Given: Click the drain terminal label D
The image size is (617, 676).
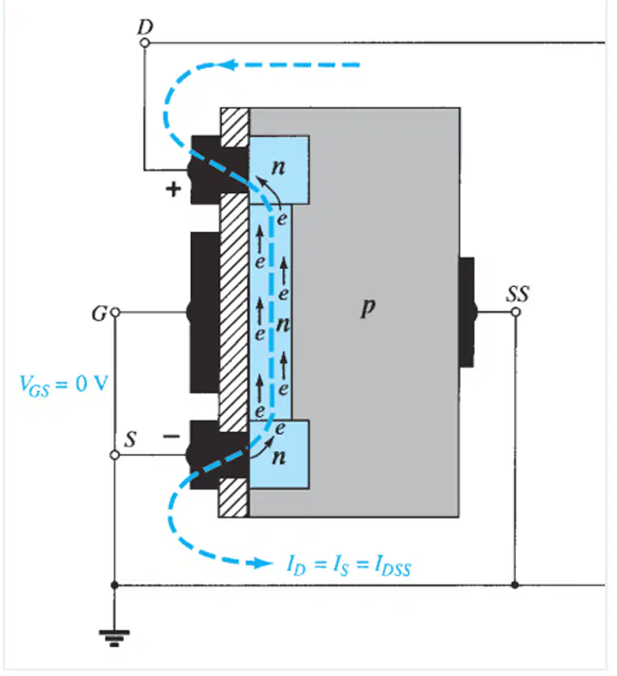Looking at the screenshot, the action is [x=145, y=27].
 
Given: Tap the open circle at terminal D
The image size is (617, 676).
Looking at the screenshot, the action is [x=145, y=43].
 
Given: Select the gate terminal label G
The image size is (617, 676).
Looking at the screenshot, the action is [x=99, y=313].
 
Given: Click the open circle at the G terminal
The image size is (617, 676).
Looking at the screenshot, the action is [x=115, y=312].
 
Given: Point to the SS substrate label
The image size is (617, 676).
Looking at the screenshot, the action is [x=518, y=294].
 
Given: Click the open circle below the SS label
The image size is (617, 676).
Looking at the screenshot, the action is [x=515, y=312].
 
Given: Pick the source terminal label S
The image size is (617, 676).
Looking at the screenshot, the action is [x=130, y=439].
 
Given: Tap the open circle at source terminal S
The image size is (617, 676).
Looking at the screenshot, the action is [x=114, y=455].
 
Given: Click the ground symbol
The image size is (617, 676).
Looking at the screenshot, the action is [x=114, y=638].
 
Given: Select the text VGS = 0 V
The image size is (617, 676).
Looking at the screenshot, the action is [x=64, y=384].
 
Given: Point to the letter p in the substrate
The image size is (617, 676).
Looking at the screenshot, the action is [x=368, y=307].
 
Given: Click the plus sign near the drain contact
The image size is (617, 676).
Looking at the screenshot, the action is [x=174, y=189].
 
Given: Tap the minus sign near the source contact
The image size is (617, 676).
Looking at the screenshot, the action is [x=171, y=437].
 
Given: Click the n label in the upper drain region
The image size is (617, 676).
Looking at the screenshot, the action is [x=278, y=168].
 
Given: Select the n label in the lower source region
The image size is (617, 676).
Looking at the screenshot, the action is [x=279, y=457].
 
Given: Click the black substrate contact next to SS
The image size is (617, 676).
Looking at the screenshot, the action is [x=467, y=312].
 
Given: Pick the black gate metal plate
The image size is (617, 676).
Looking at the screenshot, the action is [x=205, y=313].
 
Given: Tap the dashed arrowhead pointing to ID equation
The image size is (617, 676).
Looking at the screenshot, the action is [x=263, y=562].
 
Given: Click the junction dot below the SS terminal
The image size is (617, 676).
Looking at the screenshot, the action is [x=515, y=585].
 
